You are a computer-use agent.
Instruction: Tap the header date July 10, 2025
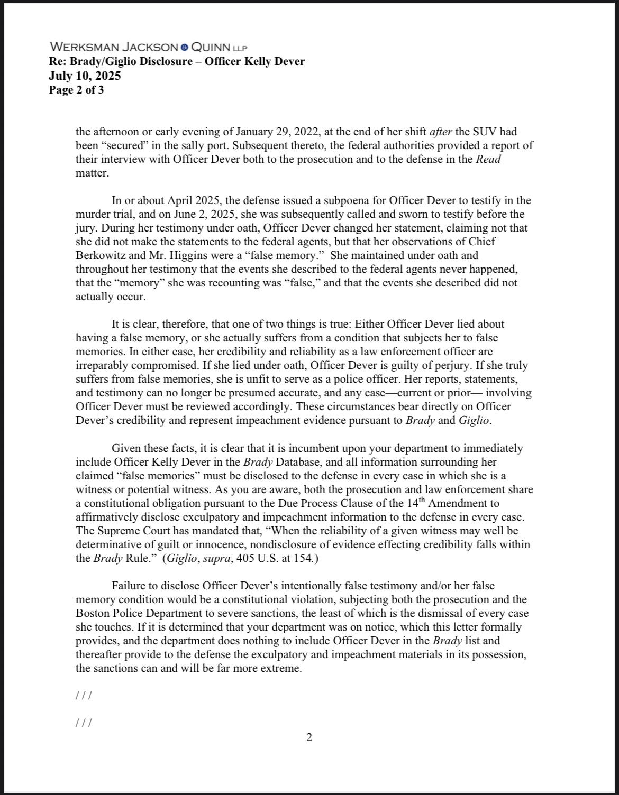pos(85,76)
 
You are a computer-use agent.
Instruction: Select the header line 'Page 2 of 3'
pos(76,90)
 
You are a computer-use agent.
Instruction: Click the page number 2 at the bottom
pos(309,737)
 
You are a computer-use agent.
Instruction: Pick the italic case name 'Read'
pos(488,159)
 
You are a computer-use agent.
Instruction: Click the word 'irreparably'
pos(102,365)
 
